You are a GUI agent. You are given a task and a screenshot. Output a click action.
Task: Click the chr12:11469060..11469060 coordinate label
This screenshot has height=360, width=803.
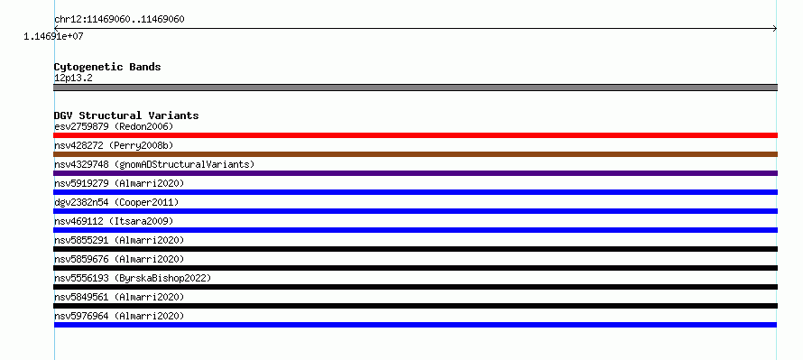(119, 20)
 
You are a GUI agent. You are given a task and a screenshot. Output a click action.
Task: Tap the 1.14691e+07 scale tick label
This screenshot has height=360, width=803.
(53, 36)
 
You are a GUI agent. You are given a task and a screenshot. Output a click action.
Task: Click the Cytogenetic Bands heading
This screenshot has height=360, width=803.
(107, 67)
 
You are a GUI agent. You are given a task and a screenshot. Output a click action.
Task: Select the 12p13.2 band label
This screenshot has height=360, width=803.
(73, 78)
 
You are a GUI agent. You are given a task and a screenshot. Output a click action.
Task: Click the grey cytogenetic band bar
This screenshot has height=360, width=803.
(415, 88)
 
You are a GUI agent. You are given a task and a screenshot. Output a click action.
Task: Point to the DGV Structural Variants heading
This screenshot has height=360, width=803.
(126, 115)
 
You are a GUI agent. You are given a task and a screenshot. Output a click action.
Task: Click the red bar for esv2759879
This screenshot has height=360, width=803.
(415, 135)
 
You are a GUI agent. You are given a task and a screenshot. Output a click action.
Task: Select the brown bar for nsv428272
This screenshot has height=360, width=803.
(415, 154)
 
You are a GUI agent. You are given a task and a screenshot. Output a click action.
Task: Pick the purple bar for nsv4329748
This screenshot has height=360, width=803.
(415, 173)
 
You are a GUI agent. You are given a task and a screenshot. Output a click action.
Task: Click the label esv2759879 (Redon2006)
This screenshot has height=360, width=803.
(115, 126)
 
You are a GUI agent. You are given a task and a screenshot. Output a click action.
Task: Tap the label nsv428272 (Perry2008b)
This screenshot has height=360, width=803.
(115, 145)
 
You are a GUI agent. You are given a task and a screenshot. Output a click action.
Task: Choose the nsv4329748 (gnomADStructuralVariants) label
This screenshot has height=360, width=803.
(154, 164)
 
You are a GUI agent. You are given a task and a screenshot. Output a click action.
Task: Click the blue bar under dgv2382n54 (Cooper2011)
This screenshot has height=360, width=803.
(415, 211)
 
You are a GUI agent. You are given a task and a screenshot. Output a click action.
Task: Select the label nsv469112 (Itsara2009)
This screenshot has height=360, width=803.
(115, 221)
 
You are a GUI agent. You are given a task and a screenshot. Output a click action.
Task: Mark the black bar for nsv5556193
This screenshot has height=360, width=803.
(415, 287)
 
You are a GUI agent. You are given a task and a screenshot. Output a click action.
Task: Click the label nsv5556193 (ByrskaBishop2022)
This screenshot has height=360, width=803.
(133, 278)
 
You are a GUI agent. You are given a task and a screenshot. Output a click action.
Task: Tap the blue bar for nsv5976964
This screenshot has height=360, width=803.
(415, 325)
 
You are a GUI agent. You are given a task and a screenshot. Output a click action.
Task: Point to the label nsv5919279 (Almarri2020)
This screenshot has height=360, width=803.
(119, 183)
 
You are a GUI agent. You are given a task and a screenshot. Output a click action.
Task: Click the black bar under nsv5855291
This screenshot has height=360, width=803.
(415, 249)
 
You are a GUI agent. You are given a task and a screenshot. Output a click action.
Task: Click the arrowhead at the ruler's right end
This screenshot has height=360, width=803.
(775, 29)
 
